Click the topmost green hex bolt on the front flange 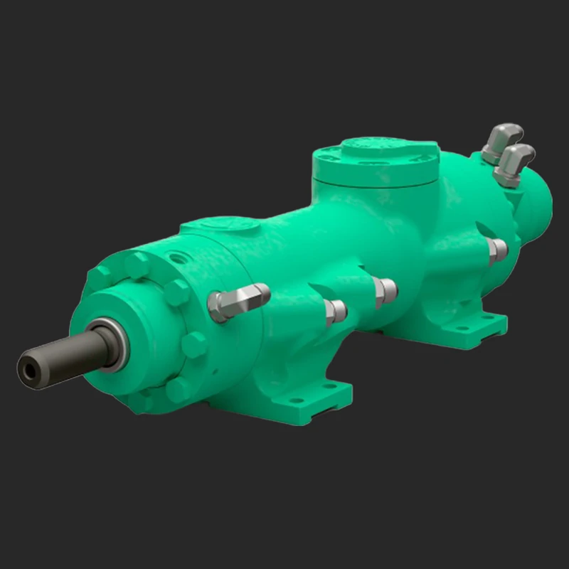(x=137, y=266)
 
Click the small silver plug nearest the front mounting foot (x=335, y=311)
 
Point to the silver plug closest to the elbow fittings (x=496, y=250)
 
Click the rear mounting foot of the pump (x=462, y=329)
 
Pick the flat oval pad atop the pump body (x=220, y=226)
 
